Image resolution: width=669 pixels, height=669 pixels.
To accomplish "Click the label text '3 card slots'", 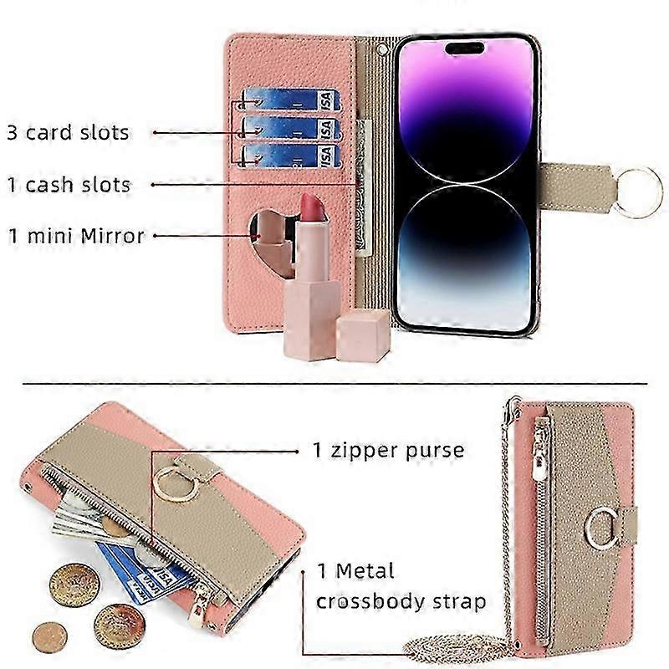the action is [x=68, y=133].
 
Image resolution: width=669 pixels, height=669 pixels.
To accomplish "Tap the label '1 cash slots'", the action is [x=69, y=185].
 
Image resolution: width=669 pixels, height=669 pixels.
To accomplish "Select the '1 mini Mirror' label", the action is [x=76, y=236].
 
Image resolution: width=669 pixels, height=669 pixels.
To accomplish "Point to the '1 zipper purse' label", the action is [x=388, y=451].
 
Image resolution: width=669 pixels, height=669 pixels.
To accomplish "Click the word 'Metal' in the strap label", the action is [x=365, y=571].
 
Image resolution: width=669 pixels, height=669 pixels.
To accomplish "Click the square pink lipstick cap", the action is [x=363, y=335].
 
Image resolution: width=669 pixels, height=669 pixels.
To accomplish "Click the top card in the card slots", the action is [x=290, y=100].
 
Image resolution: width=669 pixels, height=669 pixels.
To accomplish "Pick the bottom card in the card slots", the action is [x=291, y=156].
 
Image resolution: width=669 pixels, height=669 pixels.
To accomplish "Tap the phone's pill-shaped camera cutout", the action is [x=465, y=48].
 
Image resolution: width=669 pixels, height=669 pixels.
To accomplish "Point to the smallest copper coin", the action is [x=49, y=637].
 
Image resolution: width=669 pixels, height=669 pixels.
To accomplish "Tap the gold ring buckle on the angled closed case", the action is [x=176, y=484].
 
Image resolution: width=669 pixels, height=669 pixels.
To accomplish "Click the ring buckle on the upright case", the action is [x=600, y=529].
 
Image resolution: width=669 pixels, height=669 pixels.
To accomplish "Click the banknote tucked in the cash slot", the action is [x=362, y=186].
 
